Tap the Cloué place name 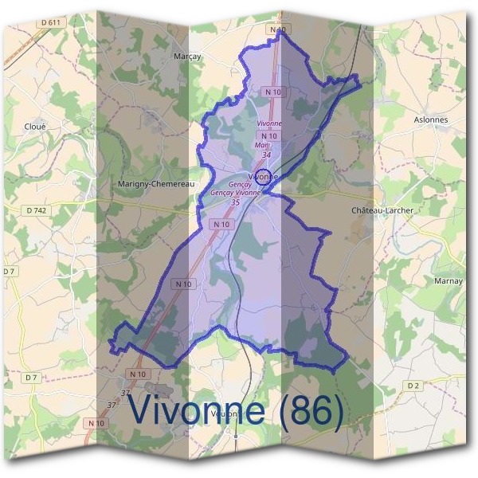[x=36, y=126]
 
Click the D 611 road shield [x=50, y=22]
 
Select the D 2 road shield [x=413, y=386]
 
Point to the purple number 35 [x=235, y=202]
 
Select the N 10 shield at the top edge [x=277, y=29]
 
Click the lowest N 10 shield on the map [x=96, y=423]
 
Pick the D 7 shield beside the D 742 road [x=10, y=272]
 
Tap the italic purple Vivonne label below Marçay [x=269, y=124]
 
